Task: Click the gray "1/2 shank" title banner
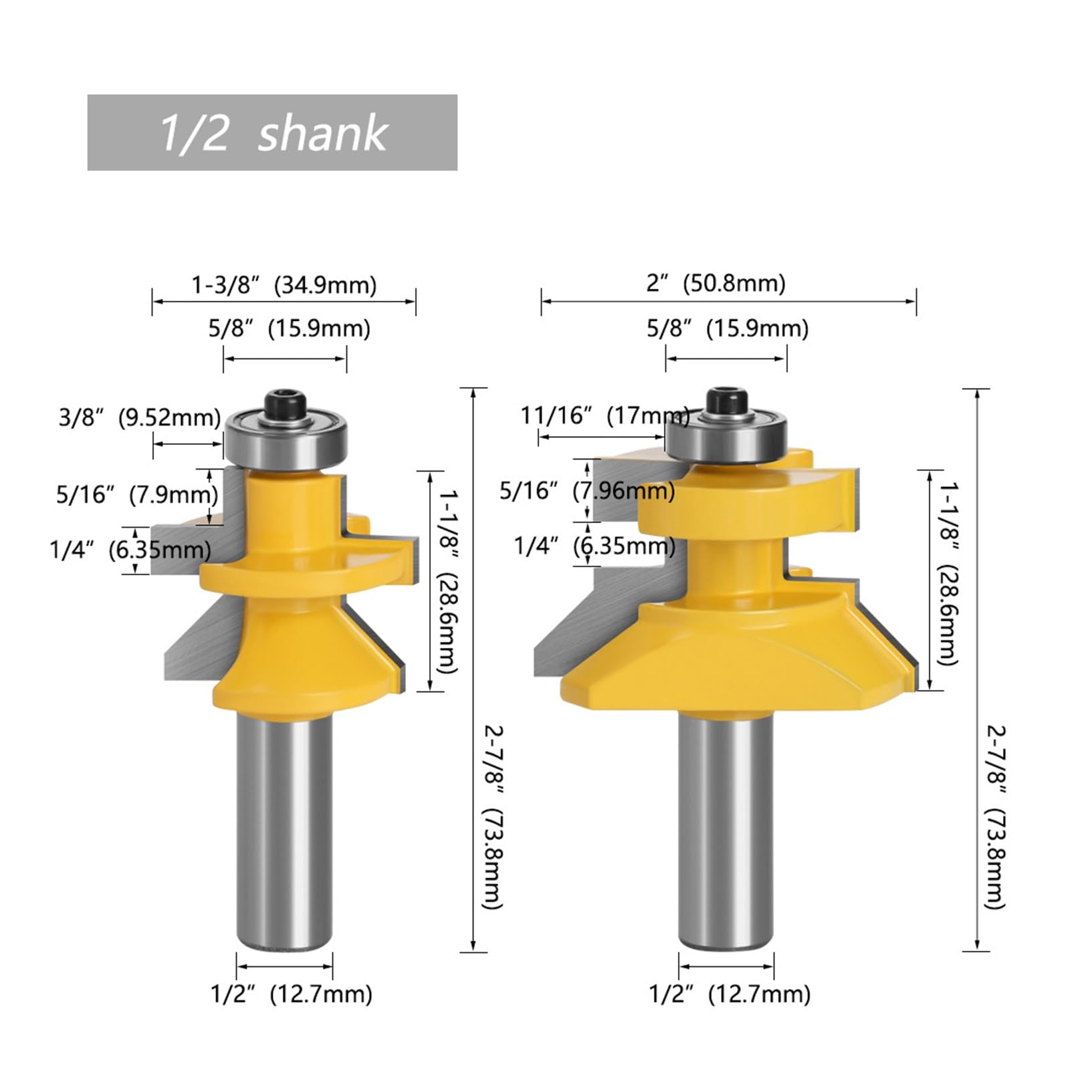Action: (x=272, y=132)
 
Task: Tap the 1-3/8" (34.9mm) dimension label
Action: (x=284, y=285)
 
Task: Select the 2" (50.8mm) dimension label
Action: (x=716, y=283)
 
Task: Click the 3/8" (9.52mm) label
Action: (x=139, y=417)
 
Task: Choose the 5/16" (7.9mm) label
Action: (x=137, y=495)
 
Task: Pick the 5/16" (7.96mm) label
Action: (x=587, y=491)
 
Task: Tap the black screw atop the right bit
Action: (x=726, y=402)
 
